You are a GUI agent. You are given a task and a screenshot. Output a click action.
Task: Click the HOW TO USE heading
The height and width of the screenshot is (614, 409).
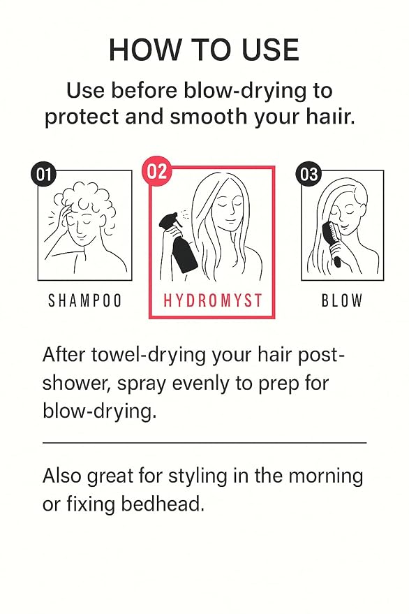(204, 50)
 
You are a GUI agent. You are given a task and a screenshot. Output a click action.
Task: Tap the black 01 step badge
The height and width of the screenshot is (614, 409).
(43, 174)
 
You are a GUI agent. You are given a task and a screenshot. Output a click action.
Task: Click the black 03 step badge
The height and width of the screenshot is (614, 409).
(308, 174)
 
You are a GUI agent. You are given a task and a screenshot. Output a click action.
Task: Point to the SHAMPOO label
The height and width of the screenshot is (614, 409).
(85, 301)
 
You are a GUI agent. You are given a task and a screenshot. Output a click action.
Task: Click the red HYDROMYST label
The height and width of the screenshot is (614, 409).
(212, 301)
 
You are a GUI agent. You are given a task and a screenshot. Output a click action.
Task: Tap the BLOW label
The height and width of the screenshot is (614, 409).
(342, 301)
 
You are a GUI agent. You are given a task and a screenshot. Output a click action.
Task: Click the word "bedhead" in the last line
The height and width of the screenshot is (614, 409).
(163, 504)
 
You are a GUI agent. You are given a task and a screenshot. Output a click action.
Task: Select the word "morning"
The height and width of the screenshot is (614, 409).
(326, 476)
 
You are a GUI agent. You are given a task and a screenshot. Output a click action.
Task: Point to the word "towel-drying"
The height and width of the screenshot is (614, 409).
(149, 356)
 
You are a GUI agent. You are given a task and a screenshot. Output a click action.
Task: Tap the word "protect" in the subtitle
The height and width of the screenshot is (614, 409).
(82, 117)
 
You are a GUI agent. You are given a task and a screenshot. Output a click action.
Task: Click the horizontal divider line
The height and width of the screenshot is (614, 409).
(204, 443)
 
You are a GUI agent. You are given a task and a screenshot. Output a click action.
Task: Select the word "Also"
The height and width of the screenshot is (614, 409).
(62, 476)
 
